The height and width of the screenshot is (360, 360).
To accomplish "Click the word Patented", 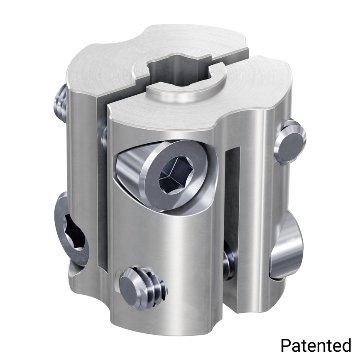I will [x=316, y=345].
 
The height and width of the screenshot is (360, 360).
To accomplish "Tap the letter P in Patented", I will [x=285, y=345].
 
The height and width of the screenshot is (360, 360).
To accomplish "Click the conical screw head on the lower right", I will [x=286, y=245].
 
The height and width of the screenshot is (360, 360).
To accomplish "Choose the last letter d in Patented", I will [x=345, y=345].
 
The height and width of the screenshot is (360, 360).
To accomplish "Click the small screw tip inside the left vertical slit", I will [x=104, y=137].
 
